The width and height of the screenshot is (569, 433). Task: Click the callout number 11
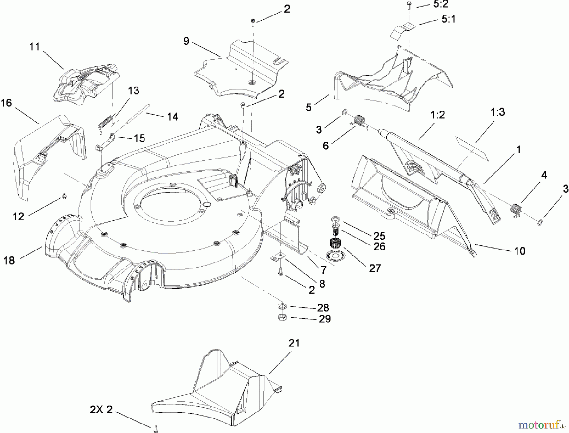[34, 47]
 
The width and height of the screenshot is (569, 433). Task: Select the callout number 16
[6, 103]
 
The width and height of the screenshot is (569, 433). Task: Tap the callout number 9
[186, 41]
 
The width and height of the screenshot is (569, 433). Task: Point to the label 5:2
[441, 4]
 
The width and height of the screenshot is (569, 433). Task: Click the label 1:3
[498, 112]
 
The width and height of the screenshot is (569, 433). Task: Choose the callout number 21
[294, 343]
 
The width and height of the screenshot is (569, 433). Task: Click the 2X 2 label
[101, 410]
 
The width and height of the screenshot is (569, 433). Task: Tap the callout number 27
[375, 268]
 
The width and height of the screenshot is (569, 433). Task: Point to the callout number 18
[9, 261]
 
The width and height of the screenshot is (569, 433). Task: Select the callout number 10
[520, 251]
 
